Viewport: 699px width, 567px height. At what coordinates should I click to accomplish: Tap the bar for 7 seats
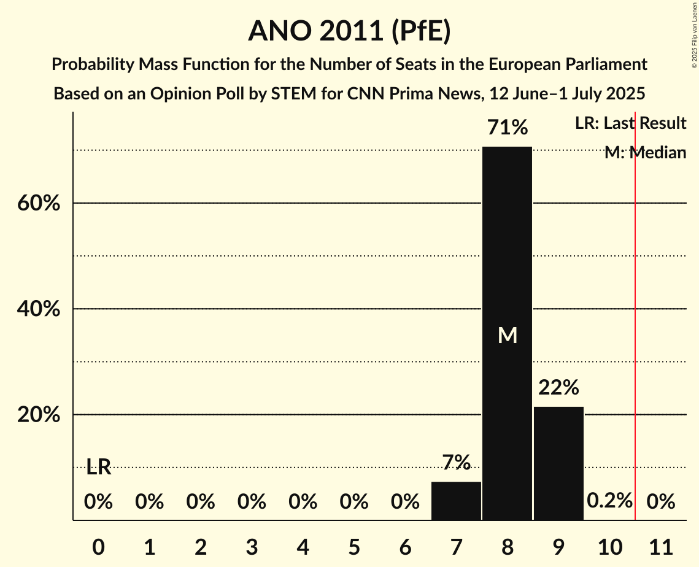[x=456, y=501]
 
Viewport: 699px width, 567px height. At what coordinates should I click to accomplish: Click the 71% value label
[x=507, y=128]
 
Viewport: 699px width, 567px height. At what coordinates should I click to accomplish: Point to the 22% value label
[x=558, y=388]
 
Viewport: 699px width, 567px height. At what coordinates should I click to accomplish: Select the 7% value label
[x=456, y=463]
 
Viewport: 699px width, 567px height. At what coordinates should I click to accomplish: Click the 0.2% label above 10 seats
[x=609, y=501]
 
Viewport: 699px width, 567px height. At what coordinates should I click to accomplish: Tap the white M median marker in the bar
[x=508, y=335]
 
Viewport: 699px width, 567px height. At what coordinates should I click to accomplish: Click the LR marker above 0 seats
[x=98, y=467]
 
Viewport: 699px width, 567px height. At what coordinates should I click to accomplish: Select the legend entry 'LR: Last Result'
[x=630, y=123]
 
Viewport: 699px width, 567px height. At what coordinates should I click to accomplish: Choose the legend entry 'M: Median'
[x=645, y=153]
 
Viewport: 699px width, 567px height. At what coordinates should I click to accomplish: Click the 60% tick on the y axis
[x=39, y=203]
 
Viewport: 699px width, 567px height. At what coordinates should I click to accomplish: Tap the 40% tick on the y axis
[x=39, y=309]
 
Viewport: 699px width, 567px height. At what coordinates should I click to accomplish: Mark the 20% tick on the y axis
[x=39, y=415]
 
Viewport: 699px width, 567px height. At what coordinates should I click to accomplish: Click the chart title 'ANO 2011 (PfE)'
[x=349, y=32]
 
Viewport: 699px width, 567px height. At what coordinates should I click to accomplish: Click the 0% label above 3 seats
[x=252, y=502]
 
